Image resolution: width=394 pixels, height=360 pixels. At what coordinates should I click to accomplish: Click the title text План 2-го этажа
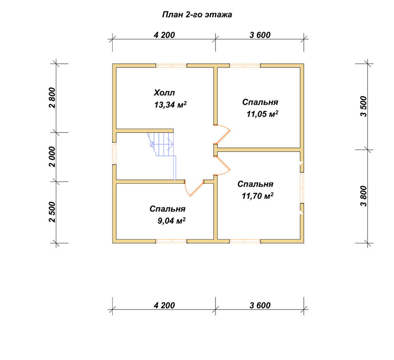click(197, 15)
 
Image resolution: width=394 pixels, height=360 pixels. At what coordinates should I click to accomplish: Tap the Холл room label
click(164, 93)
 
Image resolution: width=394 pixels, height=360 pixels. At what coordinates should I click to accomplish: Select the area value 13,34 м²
click(170, 104)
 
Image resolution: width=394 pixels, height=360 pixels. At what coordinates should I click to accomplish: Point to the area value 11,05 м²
click(262, 114)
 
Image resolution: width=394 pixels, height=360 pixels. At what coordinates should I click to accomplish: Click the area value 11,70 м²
click(258, 196)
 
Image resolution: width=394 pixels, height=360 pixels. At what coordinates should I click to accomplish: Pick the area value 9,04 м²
click(172, 221)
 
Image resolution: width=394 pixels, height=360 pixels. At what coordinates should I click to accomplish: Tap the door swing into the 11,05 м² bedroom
click(222, 134)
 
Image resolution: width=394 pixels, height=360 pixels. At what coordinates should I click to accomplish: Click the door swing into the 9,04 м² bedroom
click(194, 188)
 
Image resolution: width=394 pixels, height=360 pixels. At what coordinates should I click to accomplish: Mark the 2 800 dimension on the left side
click(52, 98)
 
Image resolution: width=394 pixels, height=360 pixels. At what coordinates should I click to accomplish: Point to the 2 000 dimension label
click(52, 157)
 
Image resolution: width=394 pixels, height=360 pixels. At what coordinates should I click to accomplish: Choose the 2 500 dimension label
click(52, 212)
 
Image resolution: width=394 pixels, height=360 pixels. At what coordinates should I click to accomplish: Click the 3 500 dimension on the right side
click(364, 106)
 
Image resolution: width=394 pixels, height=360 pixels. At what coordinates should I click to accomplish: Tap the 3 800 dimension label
click(364, 196)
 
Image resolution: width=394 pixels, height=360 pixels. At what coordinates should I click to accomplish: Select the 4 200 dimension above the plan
click(164, 35)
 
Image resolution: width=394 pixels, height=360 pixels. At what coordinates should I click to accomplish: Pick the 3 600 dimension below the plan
click(260, 306)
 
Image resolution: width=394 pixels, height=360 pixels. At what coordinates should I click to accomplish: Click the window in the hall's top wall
click(171, 66)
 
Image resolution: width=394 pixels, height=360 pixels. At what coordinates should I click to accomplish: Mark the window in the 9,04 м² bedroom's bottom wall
click(171, 241)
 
